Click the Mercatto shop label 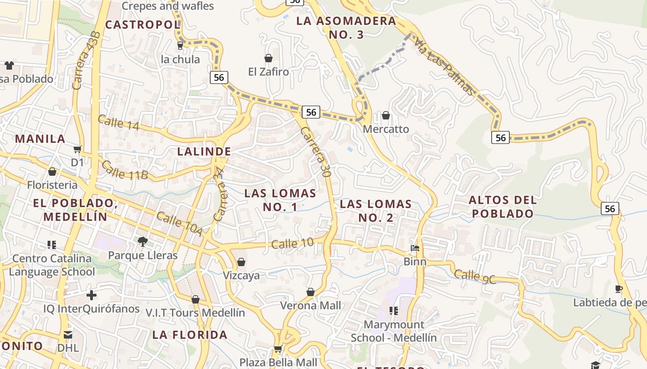[x=385, y=129]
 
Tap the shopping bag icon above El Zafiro [x=268, y=58]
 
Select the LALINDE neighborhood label [x=204, y=151]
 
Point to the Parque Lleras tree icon [x=143, y=241]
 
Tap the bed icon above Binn [x=415, y=248]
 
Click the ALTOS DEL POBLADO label [x=503, y=207]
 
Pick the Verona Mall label [x=311, y=305]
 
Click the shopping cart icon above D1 [x=78, y=149]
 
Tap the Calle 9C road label [x=475, y=277]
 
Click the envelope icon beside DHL [x=68, y=334]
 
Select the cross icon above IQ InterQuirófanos [x=92, y=295]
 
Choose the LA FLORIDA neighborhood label [x=190, y=335]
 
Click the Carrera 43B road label [x=86, y=60]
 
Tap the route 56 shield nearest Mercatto [x=311, y=112]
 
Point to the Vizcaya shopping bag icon [x=241, y=262]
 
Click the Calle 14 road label [x=118, y=123]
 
